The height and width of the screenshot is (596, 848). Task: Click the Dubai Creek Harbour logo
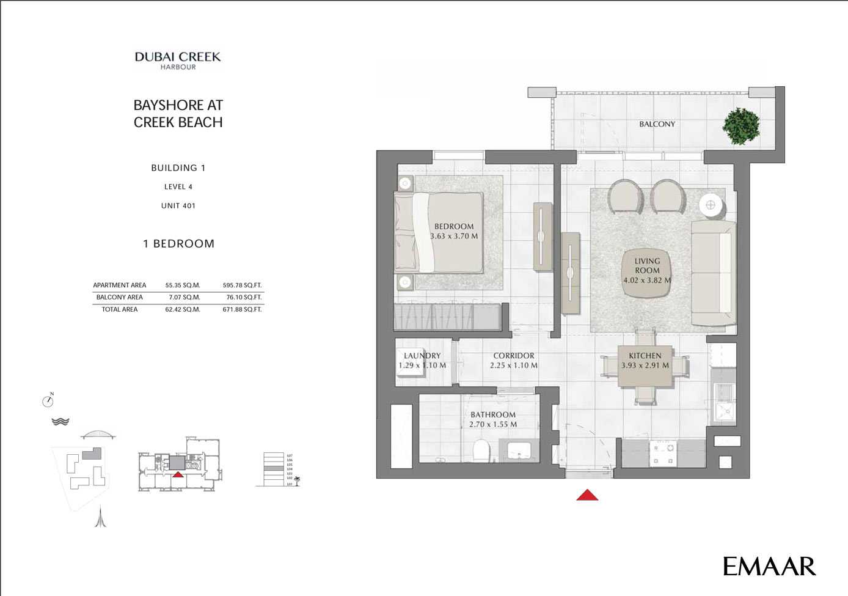tap(178, 61)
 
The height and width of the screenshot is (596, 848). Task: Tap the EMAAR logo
tap(769, 566)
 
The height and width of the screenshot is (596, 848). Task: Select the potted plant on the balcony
tap(741, 126)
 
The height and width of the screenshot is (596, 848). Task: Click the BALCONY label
tap(657, 124)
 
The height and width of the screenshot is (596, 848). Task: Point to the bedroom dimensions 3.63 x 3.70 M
tap(454, 236)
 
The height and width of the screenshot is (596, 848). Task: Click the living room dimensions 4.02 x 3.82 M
tap(647, 281)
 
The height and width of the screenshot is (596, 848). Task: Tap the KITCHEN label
tap(645, 356)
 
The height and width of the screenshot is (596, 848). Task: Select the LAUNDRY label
tap(422, 356)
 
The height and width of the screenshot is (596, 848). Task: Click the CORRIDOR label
tap(514, 356)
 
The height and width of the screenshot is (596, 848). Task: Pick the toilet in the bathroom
tap(482, 451)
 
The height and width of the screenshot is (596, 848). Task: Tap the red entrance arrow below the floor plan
tap(587, 495)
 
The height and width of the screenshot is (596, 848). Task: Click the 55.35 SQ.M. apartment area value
tap(183, 285)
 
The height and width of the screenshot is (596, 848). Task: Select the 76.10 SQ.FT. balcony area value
tap(244, 298)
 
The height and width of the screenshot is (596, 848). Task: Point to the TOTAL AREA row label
tap(120, 310)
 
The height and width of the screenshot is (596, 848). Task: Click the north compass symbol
tap(48, 400)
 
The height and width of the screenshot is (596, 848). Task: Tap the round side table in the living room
tap(711, 205)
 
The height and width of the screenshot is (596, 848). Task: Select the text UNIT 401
tap(178, 206)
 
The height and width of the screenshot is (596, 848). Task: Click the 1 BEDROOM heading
tap(178, 244)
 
